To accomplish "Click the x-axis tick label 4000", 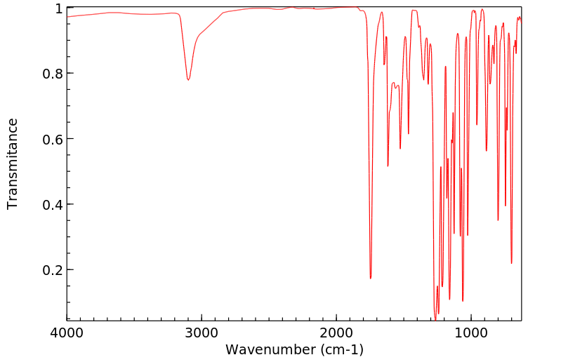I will tap(67, 332).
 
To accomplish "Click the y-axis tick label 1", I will tap(59, 8).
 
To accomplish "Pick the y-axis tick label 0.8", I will tap(53, 74).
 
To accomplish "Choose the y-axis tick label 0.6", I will tap(53, 139).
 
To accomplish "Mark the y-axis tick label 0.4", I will tap(53, 204).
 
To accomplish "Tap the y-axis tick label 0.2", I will tap(53, 270).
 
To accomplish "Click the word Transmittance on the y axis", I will tap(13, 163).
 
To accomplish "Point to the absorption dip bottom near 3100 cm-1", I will tap(188, 80).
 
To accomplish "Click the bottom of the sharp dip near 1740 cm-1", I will tap(371, 279).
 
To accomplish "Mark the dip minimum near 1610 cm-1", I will tap(388, 166).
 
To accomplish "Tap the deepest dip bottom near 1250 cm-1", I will tap(435, 319).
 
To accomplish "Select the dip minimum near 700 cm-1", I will tap(511, 263).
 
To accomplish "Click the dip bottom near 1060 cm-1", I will tap(463, 301).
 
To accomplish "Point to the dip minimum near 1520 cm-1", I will tap(400, 149).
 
